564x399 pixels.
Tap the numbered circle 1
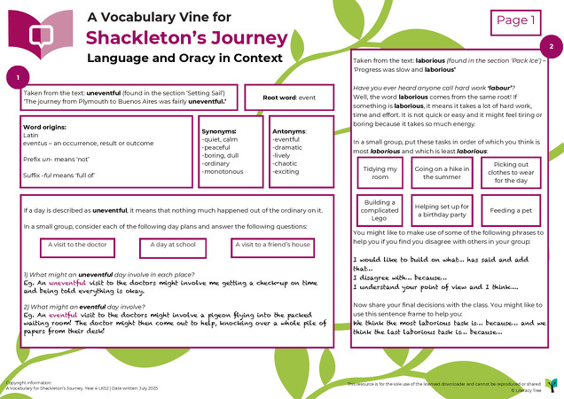pos(19,77)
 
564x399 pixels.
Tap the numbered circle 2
pos(550,46)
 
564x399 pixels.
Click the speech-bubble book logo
pos(40,32)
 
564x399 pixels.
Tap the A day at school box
pos(176,244)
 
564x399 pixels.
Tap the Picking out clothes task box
pos(511,173)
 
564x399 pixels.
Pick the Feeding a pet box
pos(511,211)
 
